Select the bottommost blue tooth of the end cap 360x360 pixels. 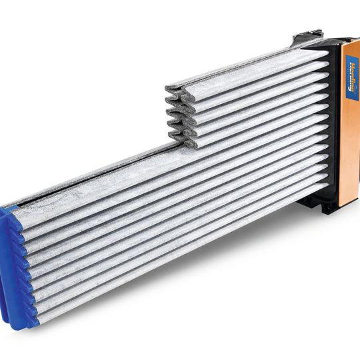click(x=33, y=323)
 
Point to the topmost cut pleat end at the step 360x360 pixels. click(x=172, y=86)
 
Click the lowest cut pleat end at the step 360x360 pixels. click(x=189, y=143)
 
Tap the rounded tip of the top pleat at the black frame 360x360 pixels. click(x=323, y=54)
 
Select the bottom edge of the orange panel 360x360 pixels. click(x=347, y=204)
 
